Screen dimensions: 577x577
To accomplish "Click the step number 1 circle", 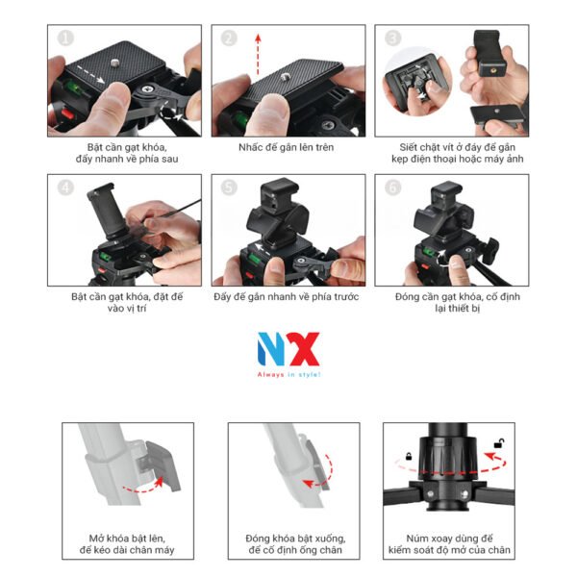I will click(x=65, y=38).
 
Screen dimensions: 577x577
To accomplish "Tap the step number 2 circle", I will click(x=229, y=38).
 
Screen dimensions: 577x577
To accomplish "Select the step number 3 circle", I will click(x=391, y=38).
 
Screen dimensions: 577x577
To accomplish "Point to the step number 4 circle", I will click(x=65, y=188).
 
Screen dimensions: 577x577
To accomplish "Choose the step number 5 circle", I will click(x=229, y=188).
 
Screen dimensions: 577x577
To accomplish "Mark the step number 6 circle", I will click(x=391, y=188).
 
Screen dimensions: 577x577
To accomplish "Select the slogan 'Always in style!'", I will click(x=288, y=375).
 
